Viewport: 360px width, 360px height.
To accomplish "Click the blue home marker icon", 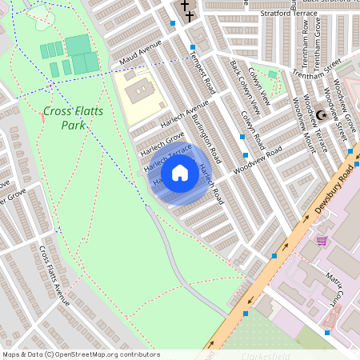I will tap(180, 173).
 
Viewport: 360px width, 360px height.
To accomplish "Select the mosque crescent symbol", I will tap(322, 114).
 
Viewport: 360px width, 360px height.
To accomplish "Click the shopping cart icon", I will tap(322, 241).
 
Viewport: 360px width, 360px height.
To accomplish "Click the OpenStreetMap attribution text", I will tap(81, 354).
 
